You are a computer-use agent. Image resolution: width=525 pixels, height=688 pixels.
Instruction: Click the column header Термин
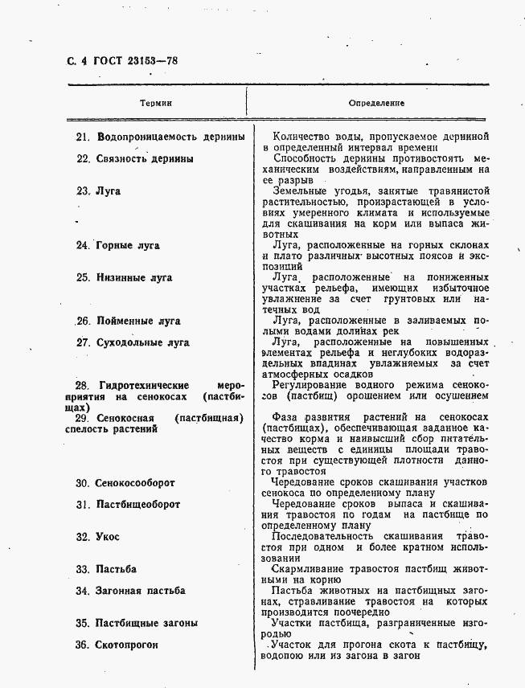click(156, 104)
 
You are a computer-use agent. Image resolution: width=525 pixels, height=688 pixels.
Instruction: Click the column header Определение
click(376, 104)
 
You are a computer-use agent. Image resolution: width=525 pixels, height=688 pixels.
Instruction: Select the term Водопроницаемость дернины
click(170, 137)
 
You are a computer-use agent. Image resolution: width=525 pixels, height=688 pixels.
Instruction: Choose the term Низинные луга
click(134, 278)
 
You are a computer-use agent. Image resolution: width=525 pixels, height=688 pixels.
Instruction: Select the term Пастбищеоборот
click(138, 505)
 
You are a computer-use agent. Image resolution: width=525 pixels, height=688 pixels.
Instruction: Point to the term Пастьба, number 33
click(116, 569)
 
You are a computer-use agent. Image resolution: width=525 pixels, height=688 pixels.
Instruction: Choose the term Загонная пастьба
click(141, 591)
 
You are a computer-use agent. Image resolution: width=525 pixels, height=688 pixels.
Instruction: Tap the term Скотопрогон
click(127, 645)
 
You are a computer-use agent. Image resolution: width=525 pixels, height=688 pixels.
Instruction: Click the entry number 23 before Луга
click(82, 191)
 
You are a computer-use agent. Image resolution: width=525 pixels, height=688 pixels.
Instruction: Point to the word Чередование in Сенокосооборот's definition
click(308, 482)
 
